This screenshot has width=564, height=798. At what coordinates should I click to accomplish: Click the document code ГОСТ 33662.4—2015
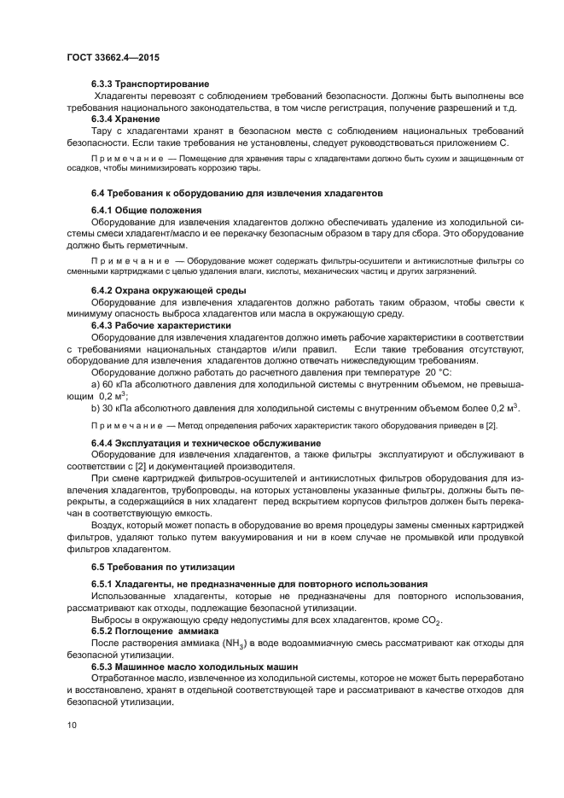[x=113, y=58]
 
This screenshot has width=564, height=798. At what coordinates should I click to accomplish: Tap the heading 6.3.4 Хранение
[x=126, y=119]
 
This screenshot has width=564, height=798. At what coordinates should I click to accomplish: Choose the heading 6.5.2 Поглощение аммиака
[x=154, y=630]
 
